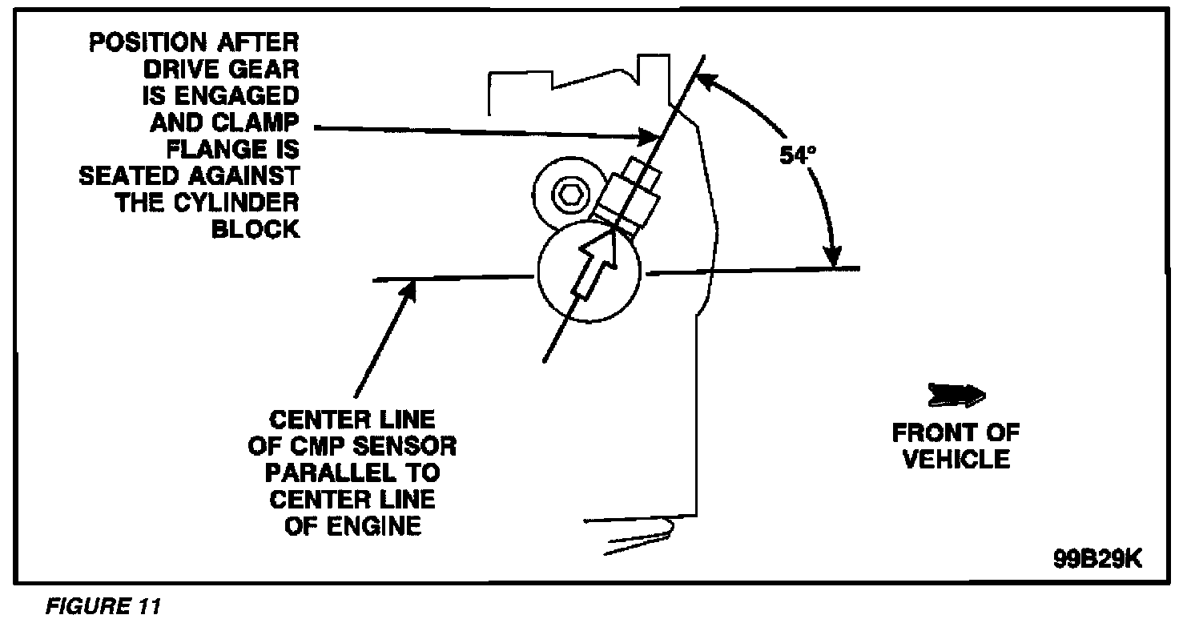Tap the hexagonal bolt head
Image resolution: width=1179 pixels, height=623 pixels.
coord(569,194)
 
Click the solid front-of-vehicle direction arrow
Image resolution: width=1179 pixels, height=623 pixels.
coord(956,396)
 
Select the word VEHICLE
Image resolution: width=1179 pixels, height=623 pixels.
coord(956,460)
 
